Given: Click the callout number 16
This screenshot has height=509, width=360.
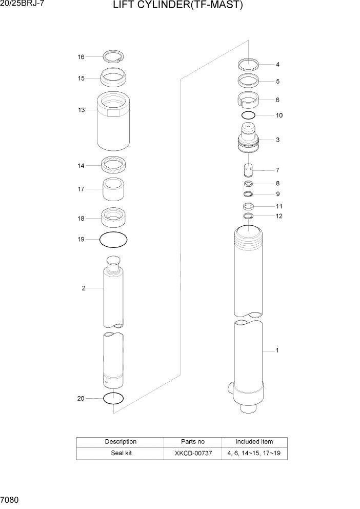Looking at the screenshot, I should tap(81, 57).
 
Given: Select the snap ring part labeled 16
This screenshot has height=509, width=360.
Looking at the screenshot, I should tap(113, 57).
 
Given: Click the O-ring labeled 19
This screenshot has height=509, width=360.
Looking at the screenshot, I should tap(113, 240).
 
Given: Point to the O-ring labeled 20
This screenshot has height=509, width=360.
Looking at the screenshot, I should tap(113, 398).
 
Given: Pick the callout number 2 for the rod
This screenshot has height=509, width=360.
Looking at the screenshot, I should tap(83, 288).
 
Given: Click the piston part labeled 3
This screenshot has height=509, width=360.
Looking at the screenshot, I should tap(248, 140).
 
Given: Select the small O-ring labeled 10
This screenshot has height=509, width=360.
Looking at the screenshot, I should tap(248, 115).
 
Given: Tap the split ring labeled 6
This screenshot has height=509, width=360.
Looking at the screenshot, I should tap(248, 101).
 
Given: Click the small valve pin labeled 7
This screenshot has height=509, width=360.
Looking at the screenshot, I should tap(248, 170).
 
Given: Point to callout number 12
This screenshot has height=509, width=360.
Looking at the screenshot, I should tap(279, 216).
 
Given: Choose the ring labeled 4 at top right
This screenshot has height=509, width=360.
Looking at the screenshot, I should tap(248, 65).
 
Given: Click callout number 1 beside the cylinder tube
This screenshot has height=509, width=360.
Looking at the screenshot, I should tap(277, 351).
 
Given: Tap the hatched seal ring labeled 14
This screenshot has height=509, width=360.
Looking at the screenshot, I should tap(113, 165).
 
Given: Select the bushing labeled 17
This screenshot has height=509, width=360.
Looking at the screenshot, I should tap(113, 190).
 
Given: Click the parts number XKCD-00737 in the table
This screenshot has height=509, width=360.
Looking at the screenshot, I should tap(193, 454).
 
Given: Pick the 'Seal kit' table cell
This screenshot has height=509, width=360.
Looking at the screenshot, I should tap(121, 454).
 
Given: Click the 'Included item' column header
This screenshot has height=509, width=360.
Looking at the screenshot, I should tap(254, 442).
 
